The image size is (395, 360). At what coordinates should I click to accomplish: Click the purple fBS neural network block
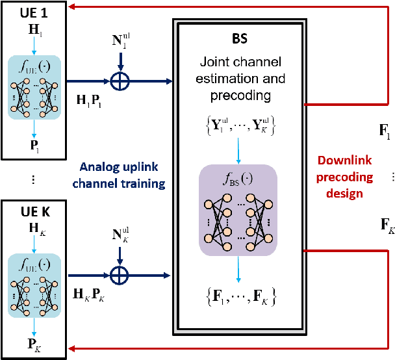(238, 209)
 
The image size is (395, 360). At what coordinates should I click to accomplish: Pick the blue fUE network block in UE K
(34, 284)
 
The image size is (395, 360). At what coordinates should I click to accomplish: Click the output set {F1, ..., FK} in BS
(238, 298)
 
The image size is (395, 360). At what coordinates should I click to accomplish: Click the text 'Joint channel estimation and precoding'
(238, 79)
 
